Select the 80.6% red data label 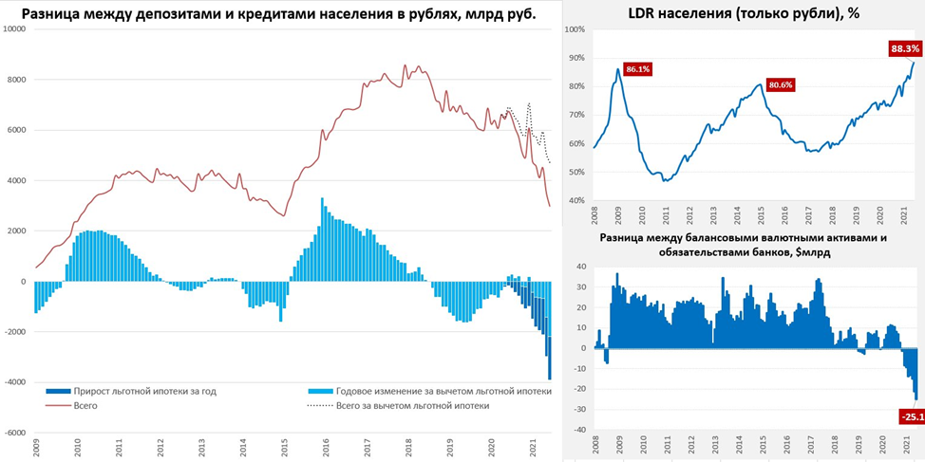[x=780, y=84]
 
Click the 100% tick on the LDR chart [x=576, y=30]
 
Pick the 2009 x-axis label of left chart [x=36, y=448]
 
